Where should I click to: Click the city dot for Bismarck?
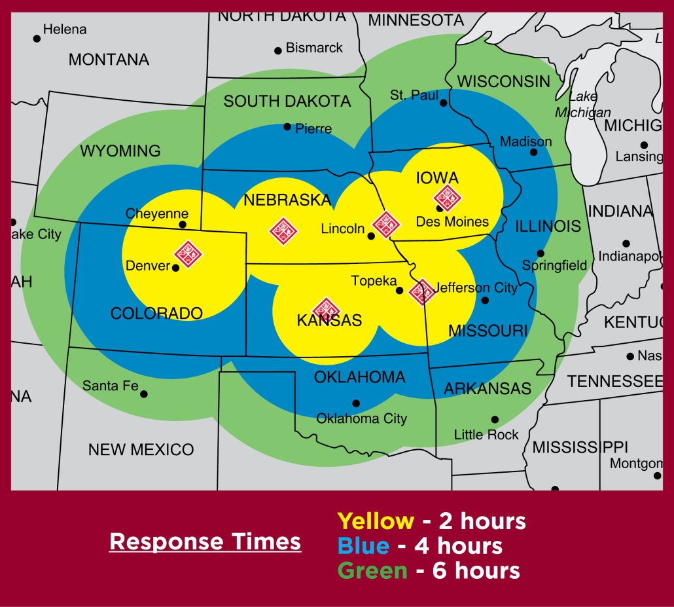(x=278, y=50)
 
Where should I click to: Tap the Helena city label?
(x=65, y=29)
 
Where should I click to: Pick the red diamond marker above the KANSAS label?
(x=327, y=310)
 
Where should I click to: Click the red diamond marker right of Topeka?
(x=422, y=292)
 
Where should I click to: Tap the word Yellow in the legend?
(x=376, y=521)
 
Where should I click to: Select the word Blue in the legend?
(x=363, y=545)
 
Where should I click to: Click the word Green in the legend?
(x=372, y=570)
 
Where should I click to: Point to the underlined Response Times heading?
(x=205, y=542)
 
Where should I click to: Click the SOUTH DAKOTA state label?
(x=287, y=101)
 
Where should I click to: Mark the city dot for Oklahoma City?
(x=356, y=403)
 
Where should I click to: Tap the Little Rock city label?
(x=486, y=435)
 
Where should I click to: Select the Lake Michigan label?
(x=583, y=105)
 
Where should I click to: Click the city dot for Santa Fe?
(x=144, y=394)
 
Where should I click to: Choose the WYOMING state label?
(x=120, y=151)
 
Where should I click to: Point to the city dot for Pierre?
(x=287, y=126)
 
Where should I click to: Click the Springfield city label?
(x=554, y=266)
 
